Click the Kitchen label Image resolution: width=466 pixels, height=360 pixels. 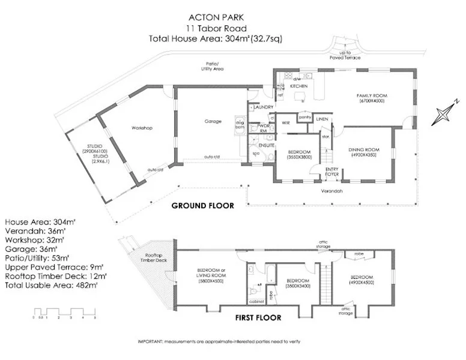pyautogui.click(x=299, y=86)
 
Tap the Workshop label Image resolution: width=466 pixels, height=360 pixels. pyautogui.click(x=142, y=128)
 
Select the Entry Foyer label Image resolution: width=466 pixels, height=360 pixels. pyautogui.click(x=331, y=172)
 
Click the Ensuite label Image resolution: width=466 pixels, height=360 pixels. pyautogui.click(x=267, y=146)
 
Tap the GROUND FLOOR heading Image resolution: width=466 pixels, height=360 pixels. pyautogui.click(x=202, y=205)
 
